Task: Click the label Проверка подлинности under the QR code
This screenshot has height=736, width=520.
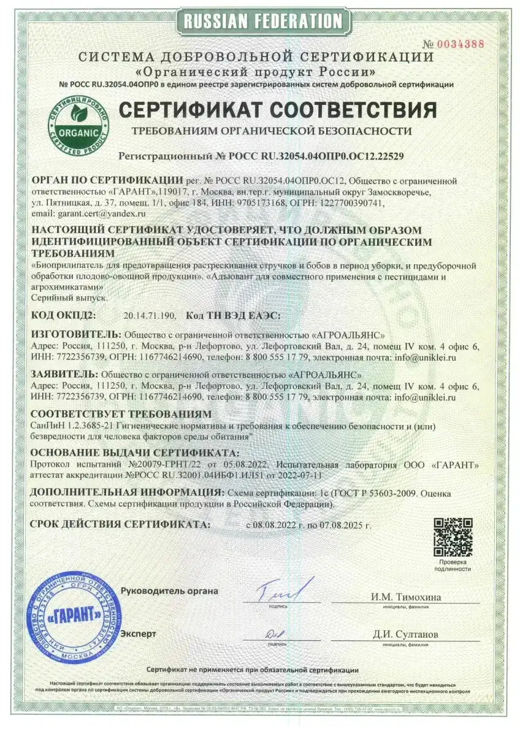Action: [453, 565]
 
